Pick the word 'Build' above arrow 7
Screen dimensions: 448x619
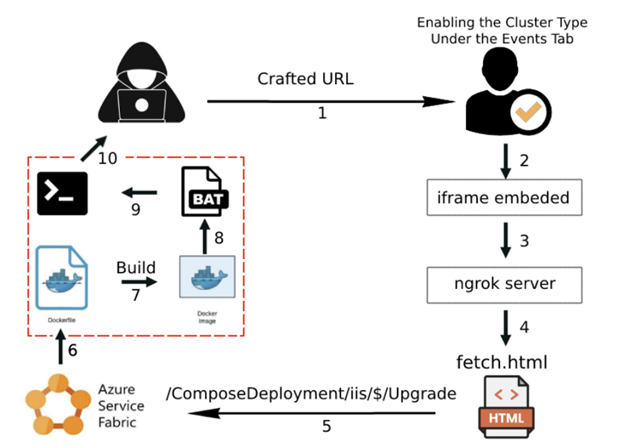click(x=136, y=267)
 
